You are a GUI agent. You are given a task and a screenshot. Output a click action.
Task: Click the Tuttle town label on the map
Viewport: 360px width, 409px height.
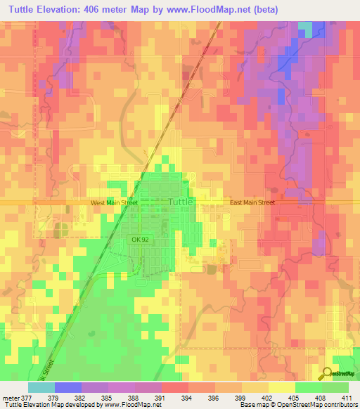(181, 202)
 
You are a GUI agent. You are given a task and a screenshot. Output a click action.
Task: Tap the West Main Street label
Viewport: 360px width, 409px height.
(115, 202)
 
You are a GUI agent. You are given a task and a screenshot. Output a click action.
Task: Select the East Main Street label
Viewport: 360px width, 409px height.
(252, 202)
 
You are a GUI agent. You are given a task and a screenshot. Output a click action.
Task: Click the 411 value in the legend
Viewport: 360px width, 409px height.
(348, 397)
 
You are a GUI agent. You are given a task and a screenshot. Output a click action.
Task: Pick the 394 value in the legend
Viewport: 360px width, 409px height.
(188, 397)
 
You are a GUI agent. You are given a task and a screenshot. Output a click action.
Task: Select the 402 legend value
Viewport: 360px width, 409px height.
(268, 397)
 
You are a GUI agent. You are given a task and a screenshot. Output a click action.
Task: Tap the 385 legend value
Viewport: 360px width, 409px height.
(108, 397)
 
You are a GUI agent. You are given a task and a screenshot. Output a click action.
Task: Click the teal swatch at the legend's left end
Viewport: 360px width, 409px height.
(41, 387)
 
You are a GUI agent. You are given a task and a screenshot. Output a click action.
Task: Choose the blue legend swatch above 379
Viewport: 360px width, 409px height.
(68, 387)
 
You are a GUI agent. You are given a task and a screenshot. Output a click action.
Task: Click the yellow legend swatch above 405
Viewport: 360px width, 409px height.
(281, 387)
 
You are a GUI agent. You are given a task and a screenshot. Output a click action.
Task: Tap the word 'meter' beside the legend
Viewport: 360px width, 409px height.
(10, 397)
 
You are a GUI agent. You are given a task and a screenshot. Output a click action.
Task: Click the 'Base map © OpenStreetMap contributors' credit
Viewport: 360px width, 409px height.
(297, 405)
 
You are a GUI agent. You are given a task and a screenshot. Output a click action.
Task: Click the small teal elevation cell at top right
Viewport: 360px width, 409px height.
(305, 27)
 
